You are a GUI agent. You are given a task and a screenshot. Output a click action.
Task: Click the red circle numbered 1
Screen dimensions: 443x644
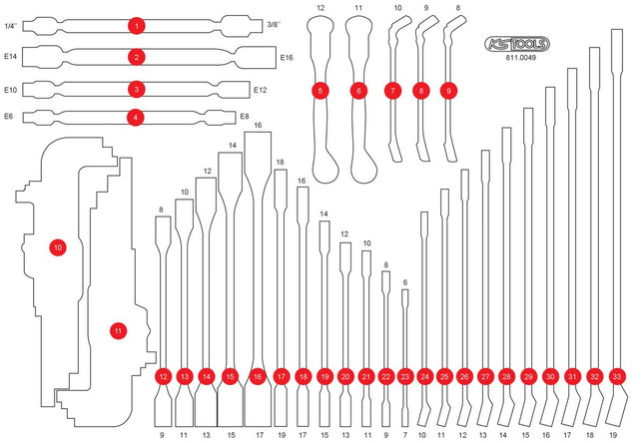pos(136,24)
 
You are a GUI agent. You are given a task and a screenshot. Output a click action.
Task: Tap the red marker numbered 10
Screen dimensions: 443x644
pos(57,245)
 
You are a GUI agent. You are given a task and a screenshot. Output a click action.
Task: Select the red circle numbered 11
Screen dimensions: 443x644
pos(118,330)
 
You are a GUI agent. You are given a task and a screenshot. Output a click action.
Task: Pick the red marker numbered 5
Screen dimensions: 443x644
pos(321,91)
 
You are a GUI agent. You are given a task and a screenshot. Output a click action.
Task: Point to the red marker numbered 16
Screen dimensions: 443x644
pos(257,376)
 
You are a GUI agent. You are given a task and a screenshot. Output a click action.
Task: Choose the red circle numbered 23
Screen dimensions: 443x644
pos(404,376)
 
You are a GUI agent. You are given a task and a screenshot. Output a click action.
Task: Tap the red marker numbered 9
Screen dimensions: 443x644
pos(450,91)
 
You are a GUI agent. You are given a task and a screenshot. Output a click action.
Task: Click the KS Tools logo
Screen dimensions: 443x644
pos(515,45)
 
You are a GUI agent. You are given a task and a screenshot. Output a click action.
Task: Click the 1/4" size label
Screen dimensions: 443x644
pos(11,24)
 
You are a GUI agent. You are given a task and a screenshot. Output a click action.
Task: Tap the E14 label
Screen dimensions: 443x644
pos(11,58)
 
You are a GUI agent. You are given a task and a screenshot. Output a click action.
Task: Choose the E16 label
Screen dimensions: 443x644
pos(287,58)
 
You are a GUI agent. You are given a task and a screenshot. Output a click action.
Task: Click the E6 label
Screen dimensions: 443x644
pos(9,117)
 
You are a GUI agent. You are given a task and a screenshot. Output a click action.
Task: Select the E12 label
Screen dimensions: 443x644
pos(261,89)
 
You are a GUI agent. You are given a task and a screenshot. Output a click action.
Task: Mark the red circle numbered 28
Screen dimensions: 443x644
pos(507,376)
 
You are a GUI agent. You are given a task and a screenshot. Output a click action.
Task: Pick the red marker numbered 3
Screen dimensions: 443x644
pos(136,89)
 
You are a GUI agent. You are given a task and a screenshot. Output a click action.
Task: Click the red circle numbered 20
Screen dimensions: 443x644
pos(344,376)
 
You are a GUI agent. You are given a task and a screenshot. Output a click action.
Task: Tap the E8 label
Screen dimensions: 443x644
pos(245,117)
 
